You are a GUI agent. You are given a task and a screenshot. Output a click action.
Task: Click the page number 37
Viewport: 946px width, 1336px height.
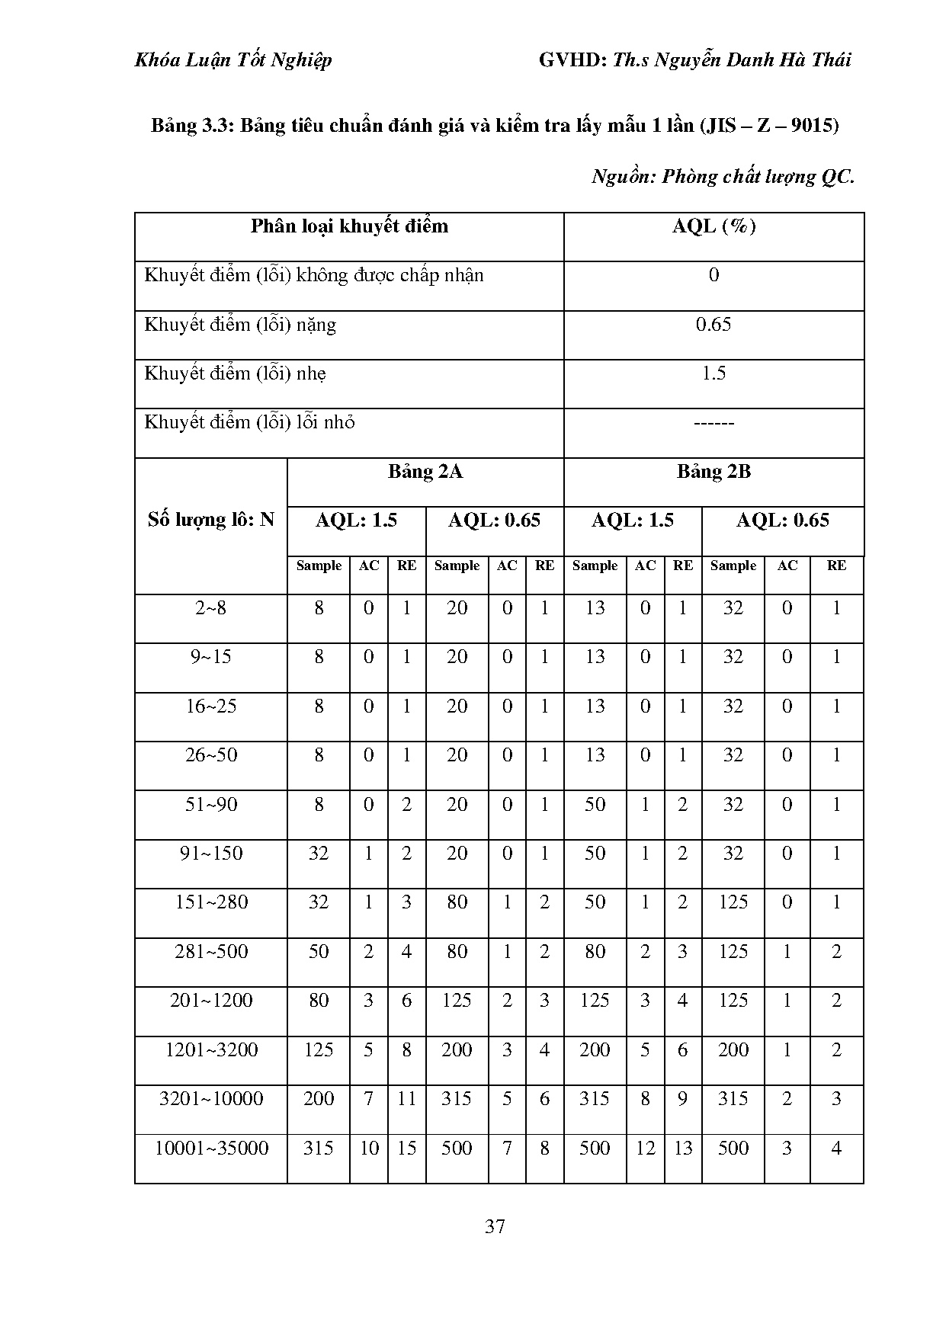pos(495,1226)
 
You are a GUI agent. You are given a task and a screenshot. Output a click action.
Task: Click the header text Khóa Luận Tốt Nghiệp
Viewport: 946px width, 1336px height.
pos(233,60)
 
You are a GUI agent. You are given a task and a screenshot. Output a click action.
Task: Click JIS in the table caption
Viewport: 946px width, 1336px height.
pos(720,126)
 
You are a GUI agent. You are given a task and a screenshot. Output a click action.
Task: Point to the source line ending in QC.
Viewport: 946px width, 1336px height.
pos(723,177)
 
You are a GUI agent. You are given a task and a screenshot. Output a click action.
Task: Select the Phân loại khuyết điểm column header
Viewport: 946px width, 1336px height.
pos(349,226)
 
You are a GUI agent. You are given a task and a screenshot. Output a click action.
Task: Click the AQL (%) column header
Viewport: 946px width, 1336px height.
pos(714,226)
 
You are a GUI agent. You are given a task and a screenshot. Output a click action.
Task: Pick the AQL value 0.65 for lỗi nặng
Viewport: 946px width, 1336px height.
pos(714,325)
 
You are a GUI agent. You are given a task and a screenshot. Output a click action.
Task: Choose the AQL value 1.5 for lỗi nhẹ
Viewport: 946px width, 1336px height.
pos(714,373)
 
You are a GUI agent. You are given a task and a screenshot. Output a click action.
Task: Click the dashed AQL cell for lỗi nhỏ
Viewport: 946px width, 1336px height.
pos(714,423)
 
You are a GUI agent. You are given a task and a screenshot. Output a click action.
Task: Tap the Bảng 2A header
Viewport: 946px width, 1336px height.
pos(425,472)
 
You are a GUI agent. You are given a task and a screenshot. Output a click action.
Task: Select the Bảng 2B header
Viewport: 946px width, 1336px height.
pos(714,472)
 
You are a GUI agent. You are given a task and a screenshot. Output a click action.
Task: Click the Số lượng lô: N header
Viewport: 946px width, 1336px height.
pos(211,521)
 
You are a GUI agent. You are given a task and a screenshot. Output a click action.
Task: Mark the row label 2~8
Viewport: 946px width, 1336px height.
pos(211,608)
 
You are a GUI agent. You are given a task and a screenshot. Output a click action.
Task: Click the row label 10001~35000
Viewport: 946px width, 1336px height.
pos(211,1148)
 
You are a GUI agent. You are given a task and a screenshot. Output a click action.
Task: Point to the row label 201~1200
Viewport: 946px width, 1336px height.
pos(211,1001)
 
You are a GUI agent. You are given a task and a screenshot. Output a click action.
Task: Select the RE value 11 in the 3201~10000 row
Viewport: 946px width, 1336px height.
pos(406,1099)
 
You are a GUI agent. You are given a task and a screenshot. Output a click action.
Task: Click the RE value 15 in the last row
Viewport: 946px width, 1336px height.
pos(406,1148)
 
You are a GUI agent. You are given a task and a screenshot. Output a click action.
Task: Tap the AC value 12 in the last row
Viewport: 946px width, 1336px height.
pos(645,1148)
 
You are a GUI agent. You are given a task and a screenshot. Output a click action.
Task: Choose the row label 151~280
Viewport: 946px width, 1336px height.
pos(211,902)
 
